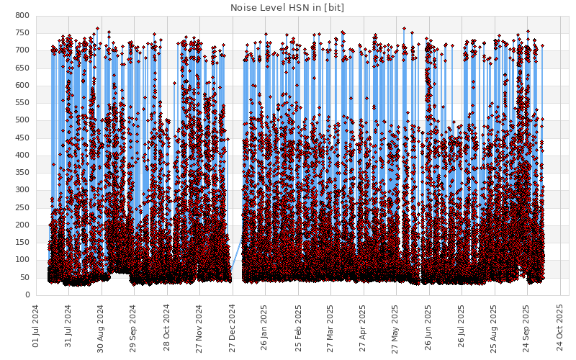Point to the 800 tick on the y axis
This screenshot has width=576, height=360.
22,16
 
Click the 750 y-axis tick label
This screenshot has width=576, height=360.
22,33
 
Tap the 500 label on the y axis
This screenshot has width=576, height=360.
22,120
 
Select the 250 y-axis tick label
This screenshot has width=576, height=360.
22,208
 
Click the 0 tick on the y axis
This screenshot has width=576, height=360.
27,295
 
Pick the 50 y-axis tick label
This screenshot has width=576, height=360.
24,278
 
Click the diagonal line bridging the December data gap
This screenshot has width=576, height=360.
236,258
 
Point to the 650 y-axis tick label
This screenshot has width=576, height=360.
22,68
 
